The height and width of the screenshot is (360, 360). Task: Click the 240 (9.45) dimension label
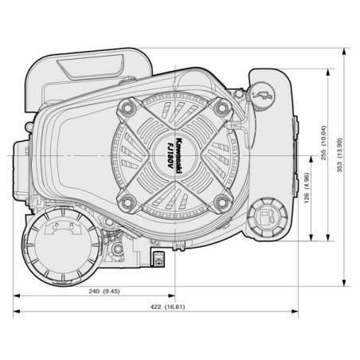104,292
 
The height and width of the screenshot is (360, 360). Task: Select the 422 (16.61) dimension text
167,307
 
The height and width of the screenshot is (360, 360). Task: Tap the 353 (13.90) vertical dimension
340,155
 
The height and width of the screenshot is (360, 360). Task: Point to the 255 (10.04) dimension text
323,143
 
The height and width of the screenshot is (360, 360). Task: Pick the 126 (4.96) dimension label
307,188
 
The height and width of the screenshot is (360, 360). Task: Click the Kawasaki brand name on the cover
179,156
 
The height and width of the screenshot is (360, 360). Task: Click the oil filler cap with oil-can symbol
262,95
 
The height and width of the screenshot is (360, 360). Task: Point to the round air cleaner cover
62,246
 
